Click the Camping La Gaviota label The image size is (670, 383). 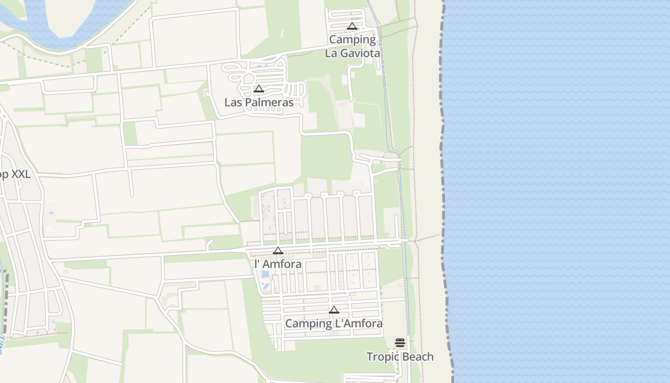352,46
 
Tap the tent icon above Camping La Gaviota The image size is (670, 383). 352,26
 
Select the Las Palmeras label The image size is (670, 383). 259,102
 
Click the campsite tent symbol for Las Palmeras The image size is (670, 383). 259,89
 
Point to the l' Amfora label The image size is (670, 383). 278,264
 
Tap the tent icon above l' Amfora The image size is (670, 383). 278,251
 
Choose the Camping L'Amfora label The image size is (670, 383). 334,324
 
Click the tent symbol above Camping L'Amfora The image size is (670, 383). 334,310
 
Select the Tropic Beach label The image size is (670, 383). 400,357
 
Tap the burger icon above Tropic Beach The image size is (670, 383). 400,342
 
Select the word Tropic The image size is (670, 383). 383,357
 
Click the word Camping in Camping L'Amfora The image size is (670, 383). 306,324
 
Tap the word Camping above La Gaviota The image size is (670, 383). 352,39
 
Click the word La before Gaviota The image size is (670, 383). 332,53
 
